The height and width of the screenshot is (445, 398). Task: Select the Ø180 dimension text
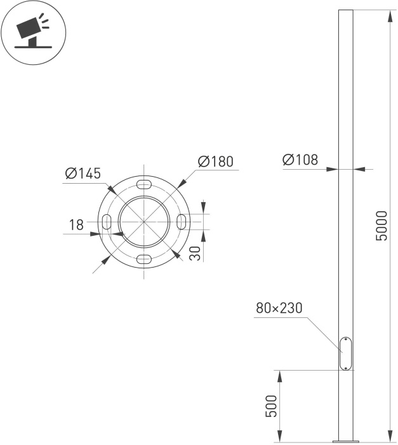click(215, 161)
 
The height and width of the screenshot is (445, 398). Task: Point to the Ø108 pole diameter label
click(300, 160)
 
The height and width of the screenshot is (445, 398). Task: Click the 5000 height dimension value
click(381, 226)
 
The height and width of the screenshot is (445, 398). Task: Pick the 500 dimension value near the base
click(270, 406)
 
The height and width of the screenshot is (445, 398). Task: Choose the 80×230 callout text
click(279, 308)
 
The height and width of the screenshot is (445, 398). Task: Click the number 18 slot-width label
click(76, 224)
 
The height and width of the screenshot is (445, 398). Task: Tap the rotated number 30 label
click(196, 253)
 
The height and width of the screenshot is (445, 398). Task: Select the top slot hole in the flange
click(145, 185)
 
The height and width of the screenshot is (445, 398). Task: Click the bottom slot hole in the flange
click(145, 259)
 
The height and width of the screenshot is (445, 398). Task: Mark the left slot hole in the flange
click(107, 222)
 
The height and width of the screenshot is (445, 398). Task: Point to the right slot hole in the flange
click(182, 222)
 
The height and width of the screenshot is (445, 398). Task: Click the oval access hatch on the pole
click(346, 353)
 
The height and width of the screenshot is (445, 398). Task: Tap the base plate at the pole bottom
click(346, 440)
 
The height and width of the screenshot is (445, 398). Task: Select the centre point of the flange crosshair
click(145, 222)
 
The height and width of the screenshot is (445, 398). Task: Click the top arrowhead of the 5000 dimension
click(388, 15)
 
